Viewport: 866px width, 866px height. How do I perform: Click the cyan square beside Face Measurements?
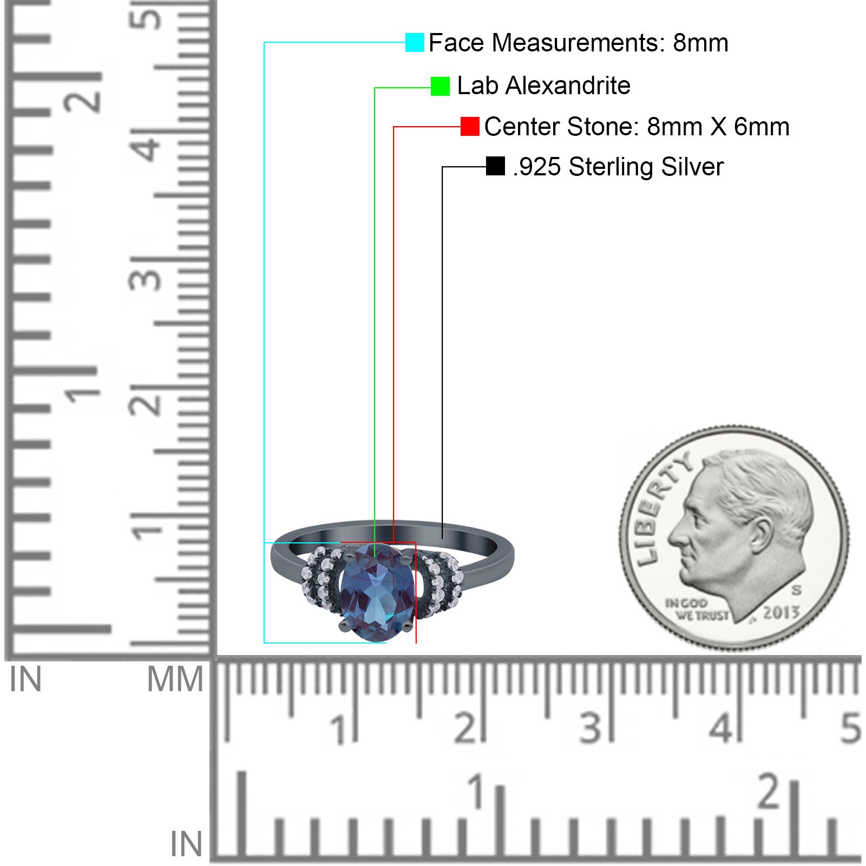pos(415,43)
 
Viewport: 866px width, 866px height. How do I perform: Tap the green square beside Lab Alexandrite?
pos(440,86)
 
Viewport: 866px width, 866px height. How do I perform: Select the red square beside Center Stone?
pos(470,127)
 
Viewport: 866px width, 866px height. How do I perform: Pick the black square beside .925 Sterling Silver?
pos(495,166)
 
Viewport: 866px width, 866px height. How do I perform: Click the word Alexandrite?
pos(568,86)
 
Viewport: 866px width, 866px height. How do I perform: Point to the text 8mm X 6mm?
pos(718,127)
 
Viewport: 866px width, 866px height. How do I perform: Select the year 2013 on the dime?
pos(781,613)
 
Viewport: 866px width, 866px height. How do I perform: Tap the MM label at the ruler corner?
pos(175,679)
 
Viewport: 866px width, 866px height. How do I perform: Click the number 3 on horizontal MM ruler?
pos(590,728)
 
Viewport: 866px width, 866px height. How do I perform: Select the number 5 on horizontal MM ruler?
pos(850,728)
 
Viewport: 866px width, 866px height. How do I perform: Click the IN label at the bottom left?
pos(186,844)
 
